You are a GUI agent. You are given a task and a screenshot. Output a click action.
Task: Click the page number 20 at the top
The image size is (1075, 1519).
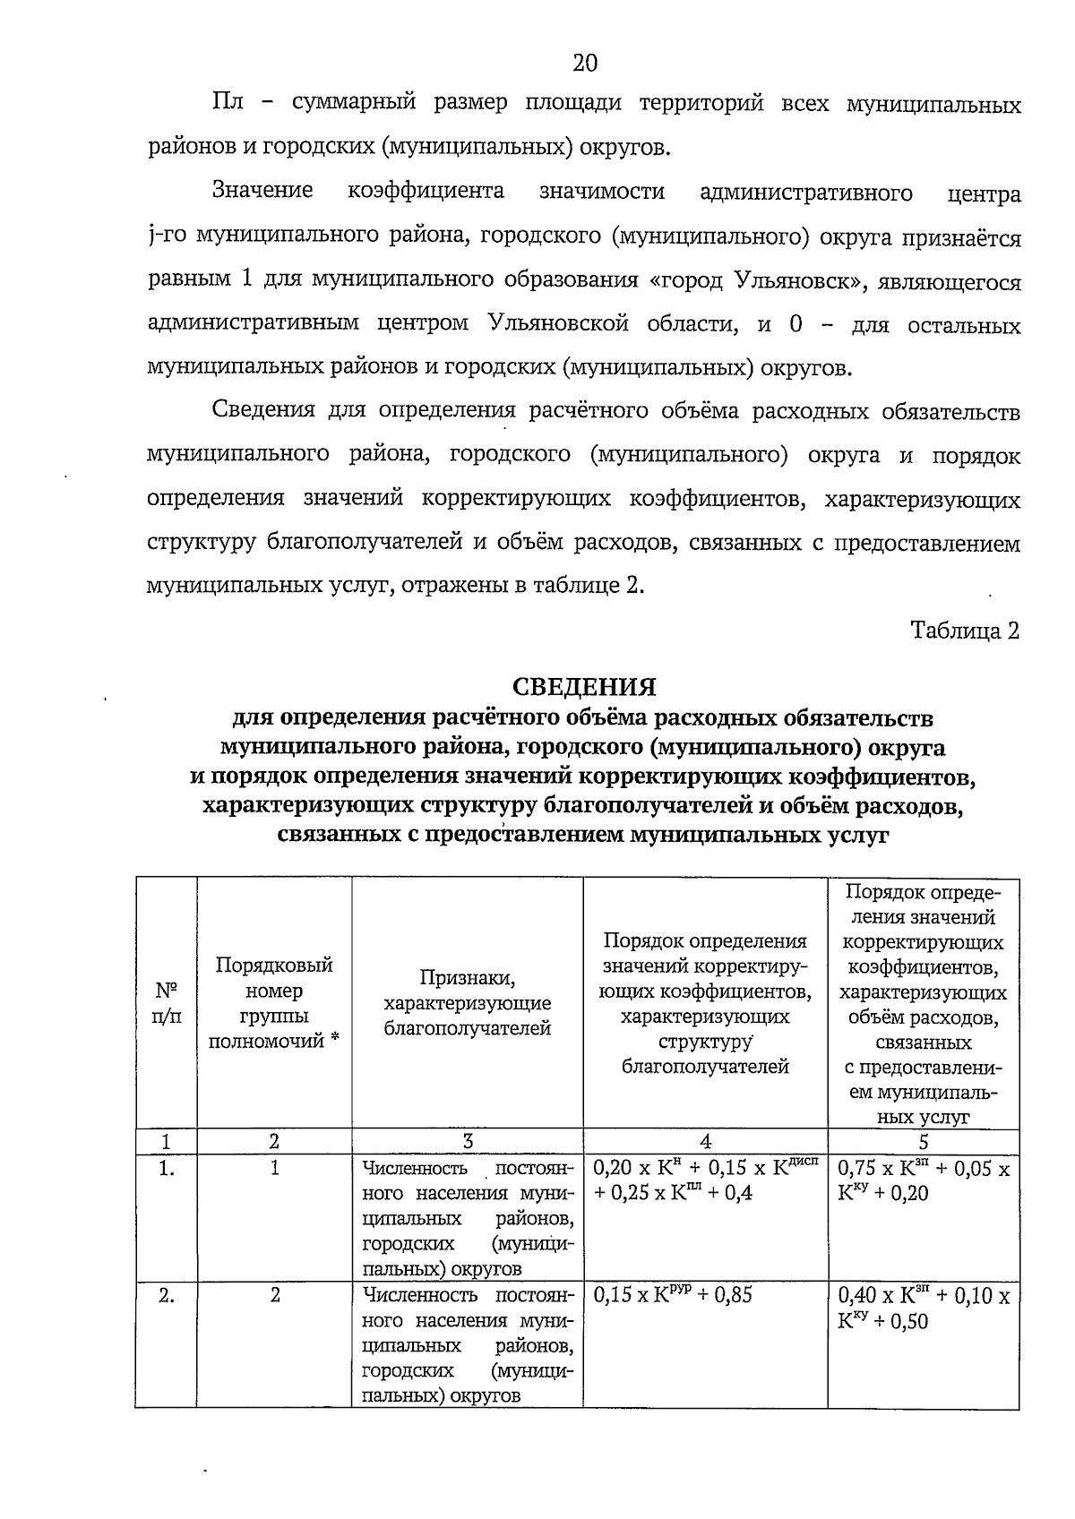(x=584, y=63)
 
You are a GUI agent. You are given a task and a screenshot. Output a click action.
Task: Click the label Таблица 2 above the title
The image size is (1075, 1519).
(x=965, y=631)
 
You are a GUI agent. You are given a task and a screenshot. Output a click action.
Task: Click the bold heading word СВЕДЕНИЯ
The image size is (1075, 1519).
(x=584, y=687)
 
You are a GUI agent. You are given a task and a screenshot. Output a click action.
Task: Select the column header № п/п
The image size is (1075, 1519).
(x=167, y=1003)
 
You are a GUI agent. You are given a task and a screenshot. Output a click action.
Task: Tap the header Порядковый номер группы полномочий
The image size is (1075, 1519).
(x=274, y=1002)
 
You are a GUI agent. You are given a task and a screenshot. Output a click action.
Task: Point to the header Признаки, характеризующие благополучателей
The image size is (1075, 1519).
(x=467, y=1003)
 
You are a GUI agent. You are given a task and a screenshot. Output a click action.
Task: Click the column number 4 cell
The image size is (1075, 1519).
(x=705, y=1141)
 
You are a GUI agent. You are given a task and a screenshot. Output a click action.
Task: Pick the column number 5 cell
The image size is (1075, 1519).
(x=923, y=1141)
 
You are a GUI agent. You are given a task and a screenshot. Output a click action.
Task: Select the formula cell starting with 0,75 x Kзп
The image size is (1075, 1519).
(x=923, y=1180)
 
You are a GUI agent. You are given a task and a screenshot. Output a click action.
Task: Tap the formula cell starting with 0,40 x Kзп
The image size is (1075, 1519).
(x=923, y=1308)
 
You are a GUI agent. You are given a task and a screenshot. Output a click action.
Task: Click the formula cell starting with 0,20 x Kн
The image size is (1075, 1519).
(x=705, y=1180)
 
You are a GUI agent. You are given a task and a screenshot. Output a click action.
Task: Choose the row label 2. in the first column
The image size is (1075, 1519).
(x=167, y=1295)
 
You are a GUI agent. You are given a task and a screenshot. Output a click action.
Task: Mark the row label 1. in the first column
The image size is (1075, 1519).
(x=167, y=1168)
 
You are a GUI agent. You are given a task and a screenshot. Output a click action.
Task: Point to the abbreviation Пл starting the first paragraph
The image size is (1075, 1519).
(x=228, y=104)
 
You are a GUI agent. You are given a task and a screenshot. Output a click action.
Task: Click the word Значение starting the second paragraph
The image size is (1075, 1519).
(x=262, y=191)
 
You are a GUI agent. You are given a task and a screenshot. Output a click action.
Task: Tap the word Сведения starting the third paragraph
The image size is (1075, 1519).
(x=265, y=410)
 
